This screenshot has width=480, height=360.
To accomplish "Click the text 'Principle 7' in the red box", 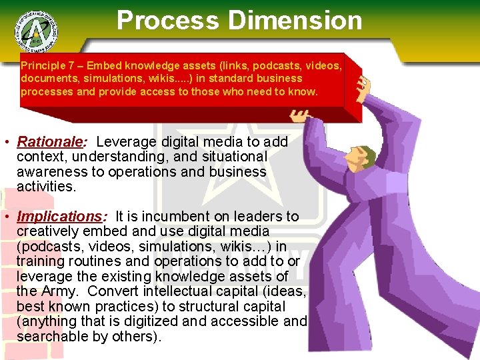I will [x=47, y=66].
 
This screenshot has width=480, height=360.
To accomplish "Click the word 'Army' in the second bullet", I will [x=60, y=291].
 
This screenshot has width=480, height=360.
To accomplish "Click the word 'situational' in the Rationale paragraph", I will [x=233, y=157].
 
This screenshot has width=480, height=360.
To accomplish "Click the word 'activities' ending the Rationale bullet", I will [x=45, y=186].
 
